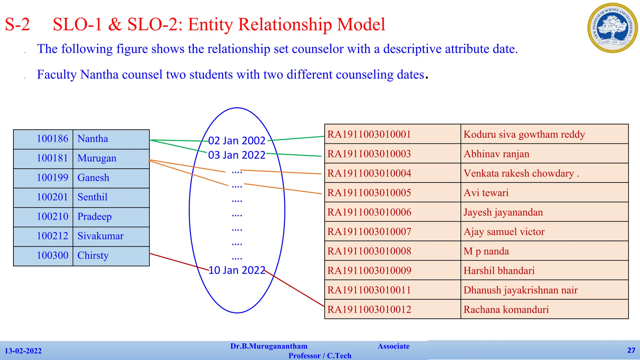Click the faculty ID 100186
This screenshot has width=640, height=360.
click(52, 139)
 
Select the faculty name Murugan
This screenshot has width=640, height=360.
click(97, 158)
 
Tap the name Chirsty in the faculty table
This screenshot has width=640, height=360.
click(93, 256)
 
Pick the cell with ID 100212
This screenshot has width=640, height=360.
click(52, 236)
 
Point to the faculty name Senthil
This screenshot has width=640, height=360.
click(92, 197)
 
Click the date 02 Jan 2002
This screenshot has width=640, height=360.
click(237, 141)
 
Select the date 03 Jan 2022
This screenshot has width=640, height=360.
click(237, 155)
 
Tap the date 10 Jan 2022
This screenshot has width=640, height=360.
click(237, 270)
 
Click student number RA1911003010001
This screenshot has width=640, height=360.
click(369, 134)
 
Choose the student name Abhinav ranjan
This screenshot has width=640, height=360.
click(496, 154)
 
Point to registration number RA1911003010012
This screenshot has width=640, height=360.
click(369, 310)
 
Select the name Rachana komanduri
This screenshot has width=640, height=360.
click(506, 310)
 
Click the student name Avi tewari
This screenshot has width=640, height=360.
click(486, 193)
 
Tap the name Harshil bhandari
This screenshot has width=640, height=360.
click(499, 271)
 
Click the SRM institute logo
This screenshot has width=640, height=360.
click(612, 28)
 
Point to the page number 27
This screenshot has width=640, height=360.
click(631, 350)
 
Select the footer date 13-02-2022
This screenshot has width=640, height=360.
click(23, 351)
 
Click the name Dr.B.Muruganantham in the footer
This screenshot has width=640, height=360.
click(269, 346)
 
